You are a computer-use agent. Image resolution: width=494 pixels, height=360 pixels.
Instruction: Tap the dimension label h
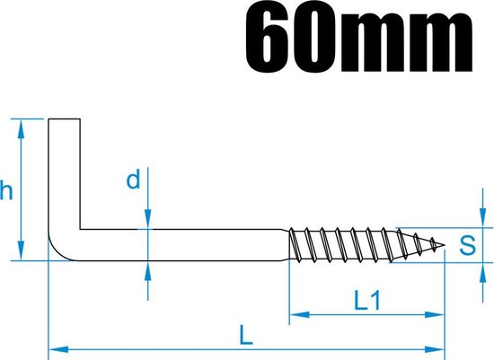pyautogui.click(x=7, y=191)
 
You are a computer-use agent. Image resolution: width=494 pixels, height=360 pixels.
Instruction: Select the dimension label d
pyautogui.click(x=133, y=181)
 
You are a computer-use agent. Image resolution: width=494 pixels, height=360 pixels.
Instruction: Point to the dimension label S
pyautogui.click(x=466, y=245)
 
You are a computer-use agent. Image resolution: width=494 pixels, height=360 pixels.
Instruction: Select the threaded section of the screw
pyautogui.click(x=359, y=243)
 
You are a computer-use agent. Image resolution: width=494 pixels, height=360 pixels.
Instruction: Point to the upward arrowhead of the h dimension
pyautogui.click(x=19, y=125)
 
